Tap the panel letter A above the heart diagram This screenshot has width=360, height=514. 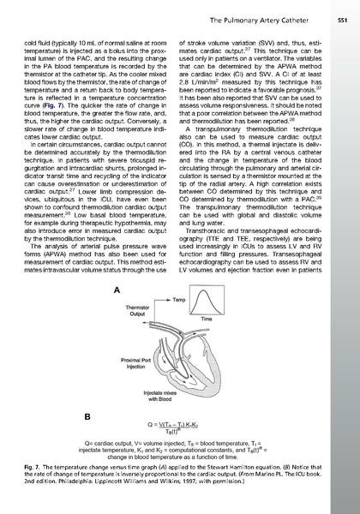(116, 290)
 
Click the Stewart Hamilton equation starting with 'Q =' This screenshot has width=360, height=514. (180, 426)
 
